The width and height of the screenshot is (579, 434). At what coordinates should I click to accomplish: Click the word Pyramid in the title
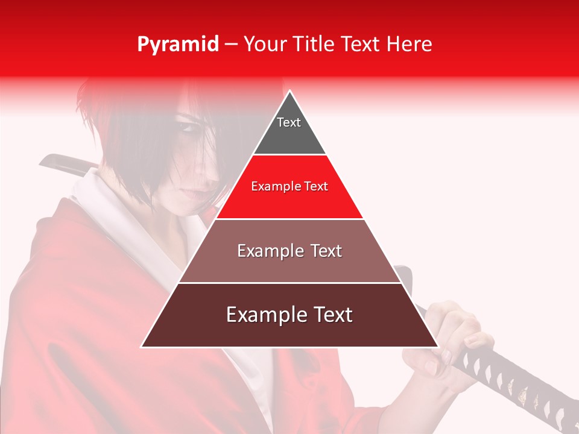pyautogui.click(x=178, y=45)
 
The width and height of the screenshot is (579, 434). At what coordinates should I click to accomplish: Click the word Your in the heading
pyautogui.click(x=266, y=45)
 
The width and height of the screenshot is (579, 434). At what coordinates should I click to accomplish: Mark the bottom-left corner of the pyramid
pyautogui.click(x=142, y=347)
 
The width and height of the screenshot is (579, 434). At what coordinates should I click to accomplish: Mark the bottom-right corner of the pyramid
pyautogui.click(x=437, y=347)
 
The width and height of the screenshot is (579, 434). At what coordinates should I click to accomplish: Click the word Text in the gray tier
pyautogui.click(x=289, y=122)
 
